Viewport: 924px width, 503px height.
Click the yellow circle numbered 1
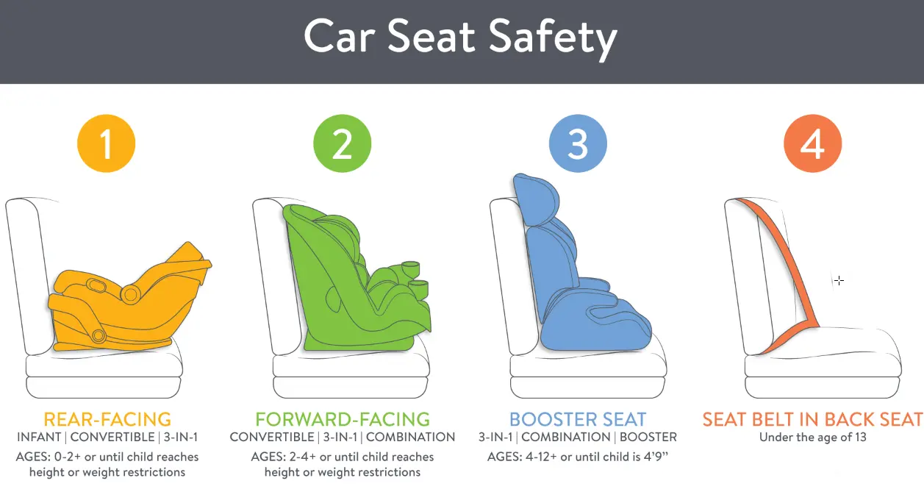107,144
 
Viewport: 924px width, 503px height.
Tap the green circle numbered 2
343,144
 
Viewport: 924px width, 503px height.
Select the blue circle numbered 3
578,144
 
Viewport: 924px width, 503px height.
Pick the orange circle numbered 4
812,144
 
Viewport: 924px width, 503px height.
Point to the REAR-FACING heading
107,420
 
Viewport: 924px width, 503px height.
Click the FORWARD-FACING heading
343,420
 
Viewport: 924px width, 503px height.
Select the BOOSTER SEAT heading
578,420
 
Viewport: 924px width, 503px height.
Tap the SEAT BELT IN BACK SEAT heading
812,420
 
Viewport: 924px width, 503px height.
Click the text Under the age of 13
812,438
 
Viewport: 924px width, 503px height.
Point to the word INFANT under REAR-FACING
38,438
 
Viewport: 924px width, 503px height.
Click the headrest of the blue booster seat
537,200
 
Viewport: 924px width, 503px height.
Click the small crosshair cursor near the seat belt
839,280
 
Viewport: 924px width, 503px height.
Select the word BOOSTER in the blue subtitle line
648,438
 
